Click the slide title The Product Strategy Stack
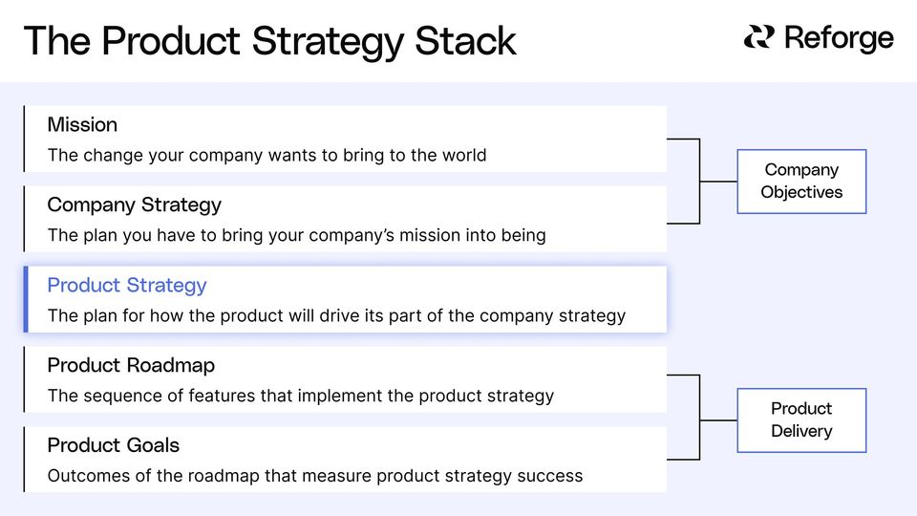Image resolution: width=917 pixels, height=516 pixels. [269, 41]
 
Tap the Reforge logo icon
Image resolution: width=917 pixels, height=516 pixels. [759, 37]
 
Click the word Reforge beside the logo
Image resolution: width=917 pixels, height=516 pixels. [839, 38]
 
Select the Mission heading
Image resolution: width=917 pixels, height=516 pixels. [82, 124]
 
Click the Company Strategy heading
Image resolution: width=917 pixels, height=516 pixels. [134, 204]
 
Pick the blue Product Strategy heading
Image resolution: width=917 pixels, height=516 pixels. [126, 285]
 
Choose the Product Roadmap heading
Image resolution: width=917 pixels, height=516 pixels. [131, 365]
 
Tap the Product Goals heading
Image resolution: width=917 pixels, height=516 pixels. [113, 445]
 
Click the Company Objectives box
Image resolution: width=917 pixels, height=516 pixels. [801, 181]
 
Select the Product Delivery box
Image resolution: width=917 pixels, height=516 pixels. [801, 419]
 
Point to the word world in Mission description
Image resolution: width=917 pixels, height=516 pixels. [463, 155]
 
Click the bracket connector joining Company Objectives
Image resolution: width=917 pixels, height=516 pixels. [700, 181]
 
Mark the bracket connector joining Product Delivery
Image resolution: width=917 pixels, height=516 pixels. [700, 419]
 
